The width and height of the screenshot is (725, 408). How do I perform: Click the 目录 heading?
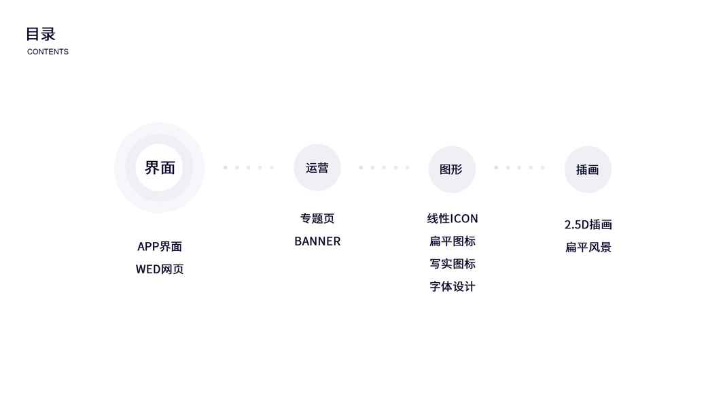(x=41, y=34)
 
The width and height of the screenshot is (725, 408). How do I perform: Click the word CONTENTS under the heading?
(x=48, y=52)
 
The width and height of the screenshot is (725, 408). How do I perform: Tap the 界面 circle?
(x=160, y=167)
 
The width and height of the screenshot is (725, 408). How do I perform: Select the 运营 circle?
(x=317, y=167)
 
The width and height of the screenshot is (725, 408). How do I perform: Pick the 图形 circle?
(x=452, y=169)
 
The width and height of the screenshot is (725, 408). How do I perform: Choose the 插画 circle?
(x=588, y=169)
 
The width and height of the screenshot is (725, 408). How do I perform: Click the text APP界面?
(x=160, y=246)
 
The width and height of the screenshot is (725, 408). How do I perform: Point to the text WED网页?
(x=160, y=269)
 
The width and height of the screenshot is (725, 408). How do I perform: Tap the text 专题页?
(x=317, y=218)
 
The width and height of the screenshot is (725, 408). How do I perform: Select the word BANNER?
(x=317, y=241)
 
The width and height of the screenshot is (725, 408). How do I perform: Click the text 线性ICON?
(x=453, y=218)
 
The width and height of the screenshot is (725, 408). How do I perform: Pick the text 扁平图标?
(x=453, y=241)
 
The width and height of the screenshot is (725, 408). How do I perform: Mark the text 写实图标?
(x=453, y=264)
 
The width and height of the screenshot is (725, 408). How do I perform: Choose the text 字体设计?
(x=453, y=286)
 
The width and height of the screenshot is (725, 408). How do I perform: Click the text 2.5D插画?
(x=588, y=224)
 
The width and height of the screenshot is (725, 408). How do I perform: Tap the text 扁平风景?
(x=588, y=247)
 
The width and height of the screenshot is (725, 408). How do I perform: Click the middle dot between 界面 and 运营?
(x=249, y=167)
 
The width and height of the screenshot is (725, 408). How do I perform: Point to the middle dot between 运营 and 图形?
(x=384, y=167)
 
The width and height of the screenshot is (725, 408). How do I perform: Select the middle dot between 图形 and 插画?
(x=519, y=167)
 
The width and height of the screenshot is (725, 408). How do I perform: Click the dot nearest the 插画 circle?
(x=542, y=167)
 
